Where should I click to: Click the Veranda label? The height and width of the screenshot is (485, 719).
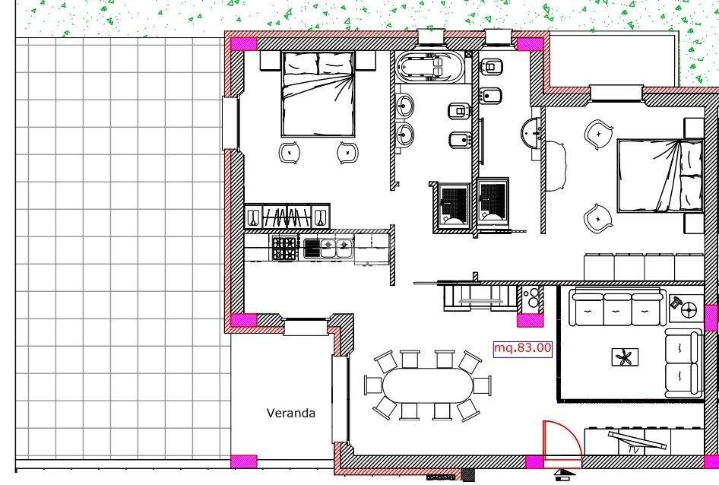[x=291, y=413]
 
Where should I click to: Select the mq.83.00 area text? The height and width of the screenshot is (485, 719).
[x=522, y=348]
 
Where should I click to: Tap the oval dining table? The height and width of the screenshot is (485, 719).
[x=427, y=385]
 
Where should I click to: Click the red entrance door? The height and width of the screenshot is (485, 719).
[x=561, y=439]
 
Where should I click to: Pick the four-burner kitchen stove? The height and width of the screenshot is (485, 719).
[x=284, y=249]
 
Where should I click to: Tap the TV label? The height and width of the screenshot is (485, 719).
[x=634, y=450]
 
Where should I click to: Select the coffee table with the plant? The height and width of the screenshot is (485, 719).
[x=625, y=357]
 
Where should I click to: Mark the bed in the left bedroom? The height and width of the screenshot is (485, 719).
[x=318, y=94]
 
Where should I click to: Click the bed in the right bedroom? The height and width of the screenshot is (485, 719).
[x=660, y=176]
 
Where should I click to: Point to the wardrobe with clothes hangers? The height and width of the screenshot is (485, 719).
[x=287, y=216]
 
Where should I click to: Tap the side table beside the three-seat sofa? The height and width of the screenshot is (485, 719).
[x=686, y=309]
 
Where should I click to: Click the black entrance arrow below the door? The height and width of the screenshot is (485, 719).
[x=565, y=473]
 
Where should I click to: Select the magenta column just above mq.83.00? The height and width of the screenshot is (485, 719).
[x=530, y=320]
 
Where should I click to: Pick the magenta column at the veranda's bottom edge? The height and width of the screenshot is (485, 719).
[x=243, y=461]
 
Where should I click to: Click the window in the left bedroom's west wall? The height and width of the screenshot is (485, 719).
[x=230, y=123]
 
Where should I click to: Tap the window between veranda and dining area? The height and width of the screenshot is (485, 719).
[x=340, y=399]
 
